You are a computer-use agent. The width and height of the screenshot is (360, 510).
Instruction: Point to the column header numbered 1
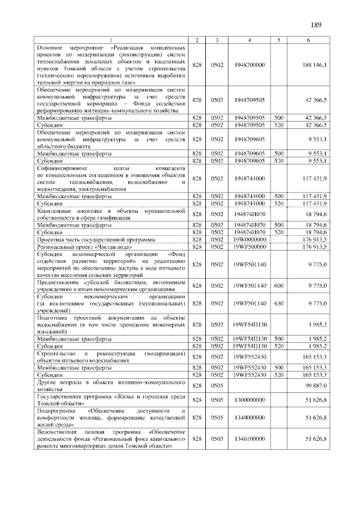click(x=111, y=39)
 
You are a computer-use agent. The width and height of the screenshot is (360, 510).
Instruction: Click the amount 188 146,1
click(x=318, y=65)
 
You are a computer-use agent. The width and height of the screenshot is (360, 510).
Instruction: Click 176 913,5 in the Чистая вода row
click(x=318, y=246)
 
